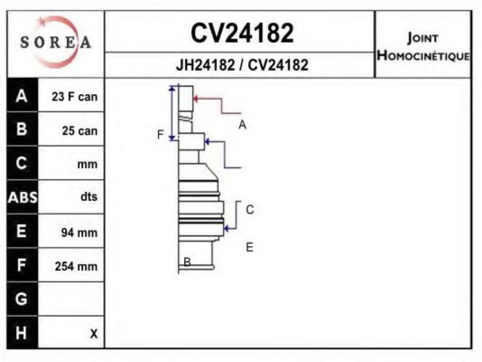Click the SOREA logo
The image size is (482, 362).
tap(55, 42)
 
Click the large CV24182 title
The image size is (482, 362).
tap(242, 33)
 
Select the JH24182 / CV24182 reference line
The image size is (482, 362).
tap(242, 65)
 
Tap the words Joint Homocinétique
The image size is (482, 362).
tap(423, 46)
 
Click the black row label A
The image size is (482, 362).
tap(22, 96)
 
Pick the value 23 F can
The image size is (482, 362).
tap(74, 97)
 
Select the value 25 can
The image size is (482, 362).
tap(80, 130)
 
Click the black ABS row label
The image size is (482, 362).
tap(22, 197)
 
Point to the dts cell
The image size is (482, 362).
tap(89, 197)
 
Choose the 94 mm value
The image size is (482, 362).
tap(79, 232)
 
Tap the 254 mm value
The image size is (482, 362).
tap(77, 266)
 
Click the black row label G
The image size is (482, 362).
tap(21, 299)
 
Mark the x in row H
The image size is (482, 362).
tap(94, 334)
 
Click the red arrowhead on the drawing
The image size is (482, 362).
tap(195, 98)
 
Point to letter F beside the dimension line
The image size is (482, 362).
tap(160, 135)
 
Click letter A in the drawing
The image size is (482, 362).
tap(242, 125)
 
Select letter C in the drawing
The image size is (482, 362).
tap(250, 209)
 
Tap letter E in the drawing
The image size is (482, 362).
tap(249, 247)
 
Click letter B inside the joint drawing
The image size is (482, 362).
tap(187, 262)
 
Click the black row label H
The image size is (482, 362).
tap(21, 333)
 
